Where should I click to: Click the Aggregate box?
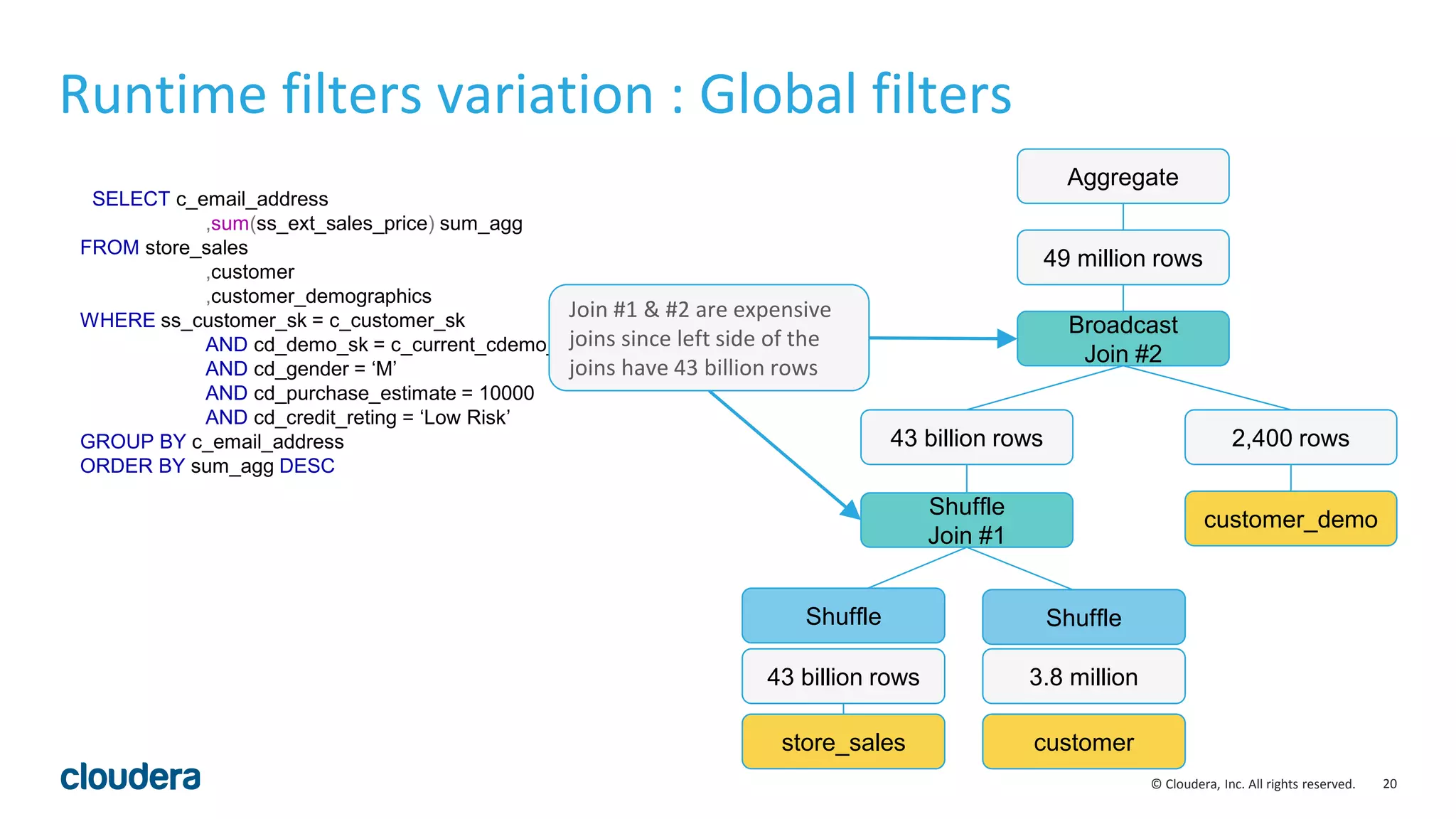pyautogui.click(x=1123, y=176)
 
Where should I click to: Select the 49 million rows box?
pyautogui.click(x=1123, y=257)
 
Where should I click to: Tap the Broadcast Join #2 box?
pyautogui.click(x=1123, y=338)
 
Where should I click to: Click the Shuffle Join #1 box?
pyautogui.click(x=966, y=520)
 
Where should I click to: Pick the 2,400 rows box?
pyautogui.click(x=1290, y=437)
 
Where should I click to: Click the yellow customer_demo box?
pyautogui.click(x=1290, y=519)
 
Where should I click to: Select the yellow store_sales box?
pyautogui.click(x=843, y=742)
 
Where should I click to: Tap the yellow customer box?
pyautogui.click(x=1083, y=742)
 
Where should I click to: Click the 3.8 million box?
pyautogui.click(x=1083, y=676)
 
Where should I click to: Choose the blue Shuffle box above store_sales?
pyautogui.click(x=843, y=616)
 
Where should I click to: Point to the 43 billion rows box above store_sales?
pyautogui.click(x=843, y=676)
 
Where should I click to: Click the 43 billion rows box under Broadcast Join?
pyautogui.click(x=966, y=437)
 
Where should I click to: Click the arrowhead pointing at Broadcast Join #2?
pyautogui.click(x=1007, y=339)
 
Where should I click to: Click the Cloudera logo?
pyautogui.click(x=130, y=776)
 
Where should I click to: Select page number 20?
pyautogui.click(x=1389, y=783)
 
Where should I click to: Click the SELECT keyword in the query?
pyautogui.click(x=131, y=199)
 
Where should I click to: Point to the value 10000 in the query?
pyautogui.click(x=506, y=393)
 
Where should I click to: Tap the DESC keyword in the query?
pyautogui.click(x=306, y=466)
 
